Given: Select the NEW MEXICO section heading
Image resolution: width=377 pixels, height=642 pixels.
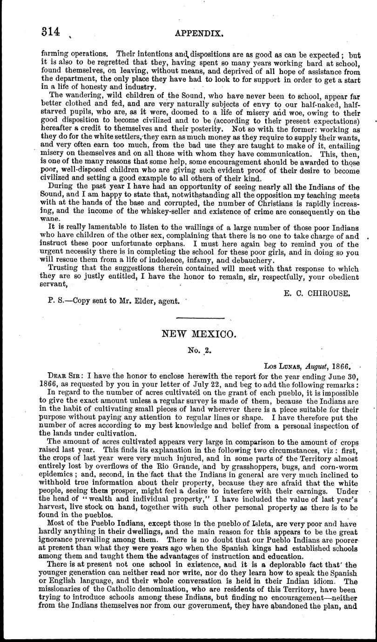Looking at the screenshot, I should click(192, 334).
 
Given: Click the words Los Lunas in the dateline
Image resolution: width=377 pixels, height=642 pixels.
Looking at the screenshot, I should click(282, 366).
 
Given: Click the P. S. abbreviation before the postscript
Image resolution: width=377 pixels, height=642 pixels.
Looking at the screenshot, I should click(56, 301).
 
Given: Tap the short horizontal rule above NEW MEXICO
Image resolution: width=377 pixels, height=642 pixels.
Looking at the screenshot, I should click(201, 318).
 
